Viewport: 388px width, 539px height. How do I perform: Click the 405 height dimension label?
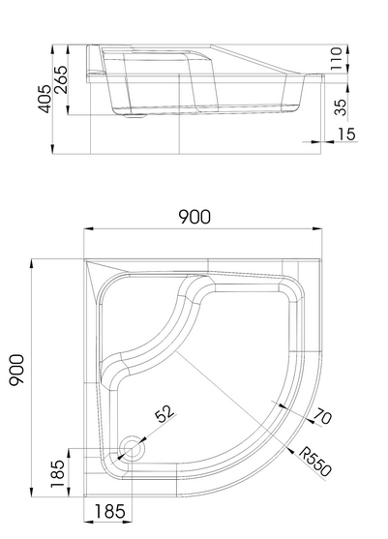[45, 99]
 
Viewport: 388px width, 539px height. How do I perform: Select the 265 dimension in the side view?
[61, 79]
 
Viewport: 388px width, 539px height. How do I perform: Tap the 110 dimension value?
[336, 59]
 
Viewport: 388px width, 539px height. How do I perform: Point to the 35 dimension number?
[341, 107]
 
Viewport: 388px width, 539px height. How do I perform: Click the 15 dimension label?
[346, 134]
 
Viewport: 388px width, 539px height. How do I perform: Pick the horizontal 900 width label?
[194, 217]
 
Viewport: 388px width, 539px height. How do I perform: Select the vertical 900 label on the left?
[16, 371]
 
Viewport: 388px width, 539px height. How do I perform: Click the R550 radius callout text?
[315, 462]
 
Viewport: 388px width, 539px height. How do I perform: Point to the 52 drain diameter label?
[164, 413]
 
